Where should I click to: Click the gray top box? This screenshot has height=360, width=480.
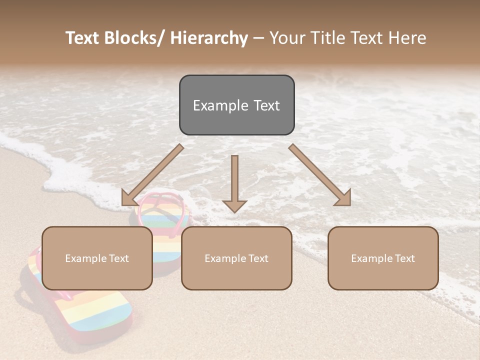(x=236, y=105)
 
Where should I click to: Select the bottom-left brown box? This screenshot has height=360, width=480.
(x=97, y=258)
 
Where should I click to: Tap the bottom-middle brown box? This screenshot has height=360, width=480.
(x=236, y=258)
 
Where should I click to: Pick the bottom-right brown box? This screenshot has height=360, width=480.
(x=383, y=258)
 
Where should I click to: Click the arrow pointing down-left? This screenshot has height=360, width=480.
(x=152, y=175)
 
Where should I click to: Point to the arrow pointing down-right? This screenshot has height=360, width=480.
(x=320, y=175)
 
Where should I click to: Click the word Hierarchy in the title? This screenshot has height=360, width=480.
(x=209, y=38)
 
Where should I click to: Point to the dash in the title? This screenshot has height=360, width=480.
(x=258, y=38)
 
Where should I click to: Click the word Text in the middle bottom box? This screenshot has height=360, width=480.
(x=257, y=258)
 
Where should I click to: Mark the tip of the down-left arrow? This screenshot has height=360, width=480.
(x=123, y=204)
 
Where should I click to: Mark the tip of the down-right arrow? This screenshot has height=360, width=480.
(x=349, y=204)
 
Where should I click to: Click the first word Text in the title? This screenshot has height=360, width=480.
(x=82, y=38)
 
